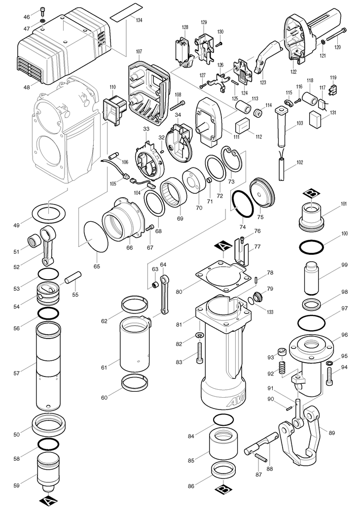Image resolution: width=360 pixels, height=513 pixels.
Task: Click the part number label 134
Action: (x=139, y=20)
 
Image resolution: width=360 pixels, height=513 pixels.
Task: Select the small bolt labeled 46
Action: (x=42, y=11)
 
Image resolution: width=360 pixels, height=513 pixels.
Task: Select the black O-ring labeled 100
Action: (x=312, y=246)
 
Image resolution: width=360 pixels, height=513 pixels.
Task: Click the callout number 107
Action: (x=139, y=52)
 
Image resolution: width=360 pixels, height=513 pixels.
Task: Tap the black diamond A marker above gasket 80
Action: (x=222, y=246)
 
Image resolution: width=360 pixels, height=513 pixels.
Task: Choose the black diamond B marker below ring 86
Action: (x=223, y=490)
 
